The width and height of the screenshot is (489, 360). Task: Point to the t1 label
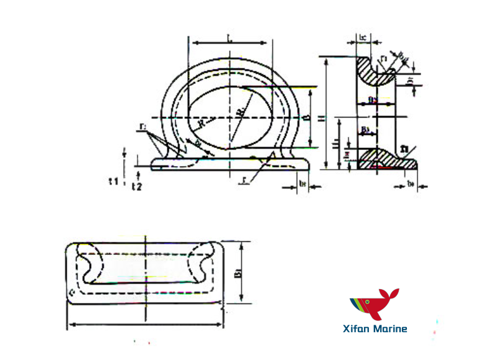pos(113,182)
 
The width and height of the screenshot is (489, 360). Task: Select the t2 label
pos(137,186)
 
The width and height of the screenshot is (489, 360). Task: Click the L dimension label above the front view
pos(231,39)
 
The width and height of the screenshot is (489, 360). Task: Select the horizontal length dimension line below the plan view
pos(144,324)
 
